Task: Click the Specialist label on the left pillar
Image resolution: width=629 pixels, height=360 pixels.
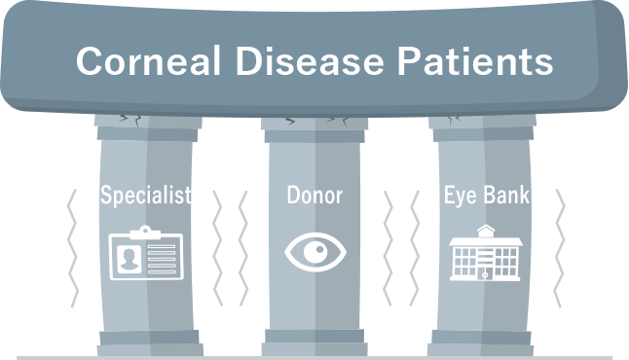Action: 146,195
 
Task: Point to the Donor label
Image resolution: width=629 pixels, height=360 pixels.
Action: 314,195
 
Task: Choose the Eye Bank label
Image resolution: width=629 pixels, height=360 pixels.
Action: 486,195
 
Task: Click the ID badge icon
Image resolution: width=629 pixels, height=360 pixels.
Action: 145,254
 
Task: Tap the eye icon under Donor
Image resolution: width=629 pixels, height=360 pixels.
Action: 314,253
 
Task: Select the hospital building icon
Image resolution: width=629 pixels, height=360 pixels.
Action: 486,255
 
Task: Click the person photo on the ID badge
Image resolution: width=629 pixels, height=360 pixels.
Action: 128,259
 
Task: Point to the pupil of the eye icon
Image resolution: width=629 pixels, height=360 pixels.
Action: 314,253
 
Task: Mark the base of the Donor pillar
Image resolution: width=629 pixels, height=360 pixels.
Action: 314,343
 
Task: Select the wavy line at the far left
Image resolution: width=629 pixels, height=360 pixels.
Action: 71,248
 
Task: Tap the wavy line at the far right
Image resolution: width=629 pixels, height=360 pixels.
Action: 560,248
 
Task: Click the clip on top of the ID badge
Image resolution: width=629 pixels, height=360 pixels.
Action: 145,231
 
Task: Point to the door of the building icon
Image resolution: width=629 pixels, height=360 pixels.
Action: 486,274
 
